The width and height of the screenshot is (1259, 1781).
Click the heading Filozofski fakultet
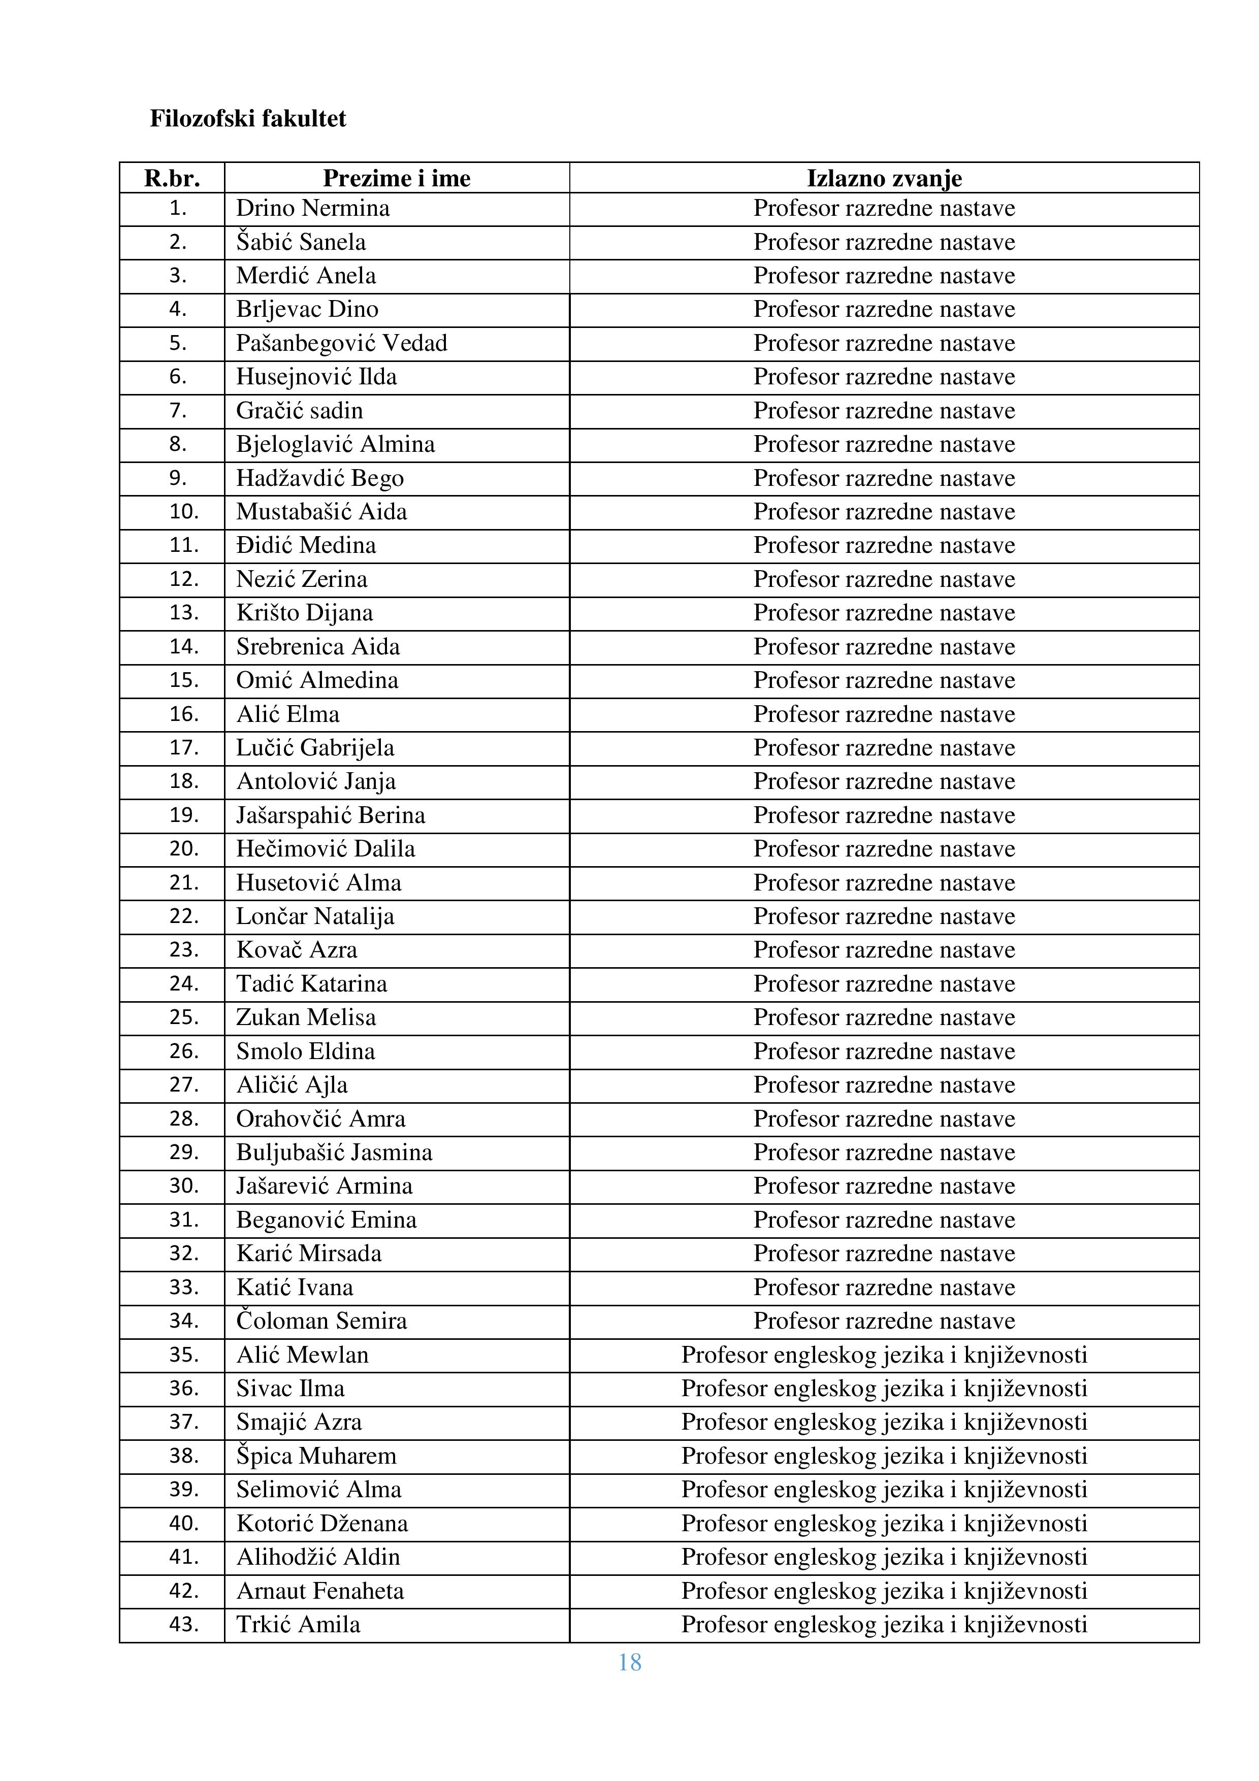[247, 119]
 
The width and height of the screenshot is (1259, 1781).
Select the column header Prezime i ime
[397, 178]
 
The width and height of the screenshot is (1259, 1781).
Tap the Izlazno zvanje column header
[884, 178]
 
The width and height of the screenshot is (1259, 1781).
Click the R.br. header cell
[172, 178]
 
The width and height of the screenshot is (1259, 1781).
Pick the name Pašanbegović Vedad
[341, 343]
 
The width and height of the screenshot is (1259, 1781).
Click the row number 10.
[184, 512]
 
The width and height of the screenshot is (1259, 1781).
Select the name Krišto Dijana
[304, 613]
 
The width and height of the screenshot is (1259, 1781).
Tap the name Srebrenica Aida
[318, 647]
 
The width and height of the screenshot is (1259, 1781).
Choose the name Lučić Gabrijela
[315, 748]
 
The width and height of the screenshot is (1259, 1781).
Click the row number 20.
[184, 848]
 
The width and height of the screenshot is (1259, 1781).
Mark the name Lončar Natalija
[315, 916]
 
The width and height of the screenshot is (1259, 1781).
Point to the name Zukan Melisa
[306, 1017]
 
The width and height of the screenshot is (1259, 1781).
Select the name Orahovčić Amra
[320, 1118]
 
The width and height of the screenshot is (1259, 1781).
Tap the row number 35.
[184, 1355]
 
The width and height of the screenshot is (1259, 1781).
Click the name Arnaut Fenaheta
[319, 1591]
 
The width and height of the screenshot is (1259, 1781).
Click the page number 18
[629, 1662]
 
